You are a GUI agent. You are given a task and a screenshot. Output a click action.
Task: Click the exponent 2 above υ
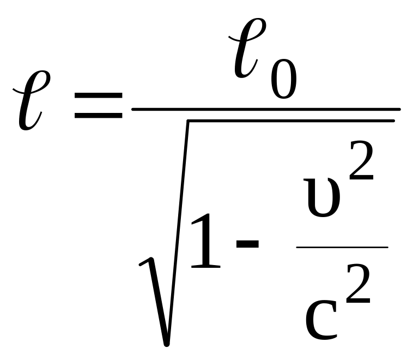click(361, 163)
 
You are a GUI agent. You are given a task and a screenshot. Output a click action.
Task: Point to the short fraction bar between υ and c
click(342, 247)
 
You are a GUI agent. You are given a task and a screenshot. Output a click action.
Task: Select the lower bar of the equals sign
click(98, 116)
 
